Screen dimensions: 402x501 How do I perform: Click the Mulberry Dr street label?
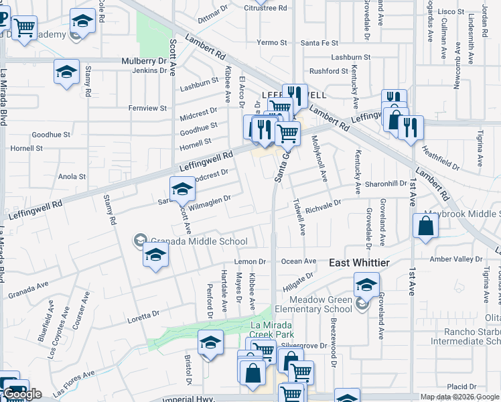click(143, 60)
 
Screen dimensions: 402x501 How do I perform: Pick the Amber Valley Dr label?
click(455, 259)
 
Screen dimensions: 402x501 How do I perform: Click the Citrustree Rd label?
click(265, 8)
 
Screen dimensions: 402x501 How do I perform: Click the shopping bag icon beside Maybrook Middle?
click(425, 226)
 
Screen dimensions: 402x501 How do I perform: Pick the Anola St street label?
click(72, 177)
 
